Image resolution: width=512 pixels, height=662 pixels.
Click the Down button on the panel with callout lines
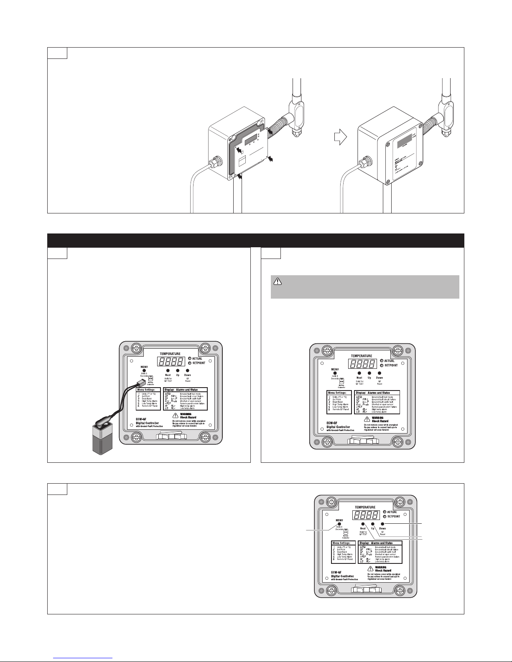point(382,523)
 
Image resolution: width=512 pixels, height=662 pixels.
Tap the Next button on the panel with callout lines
point(363,523)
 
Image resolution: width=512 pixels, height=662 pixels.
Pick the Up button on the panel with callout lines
point(372,523)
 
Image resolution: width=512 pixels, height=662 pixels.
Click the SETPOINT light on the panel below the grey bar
point(382,365)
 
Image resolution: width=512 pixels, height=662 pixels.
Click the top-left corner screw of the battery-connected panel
point(135,348)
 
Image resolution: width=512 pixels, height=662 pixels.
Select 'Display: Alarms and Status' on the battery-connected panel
point(181,390)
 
